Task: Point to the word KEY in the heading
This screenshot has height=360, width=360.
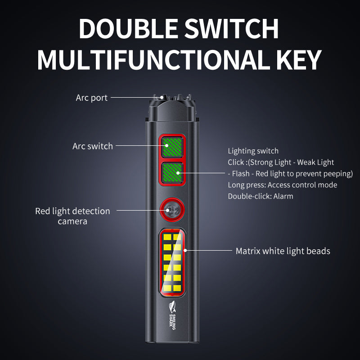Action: [x=298, y=59]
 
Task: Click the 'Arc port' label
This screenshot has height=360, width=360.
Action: [x=92, y=98]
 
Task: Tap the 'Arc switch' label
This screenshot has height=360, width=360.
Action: [x=93, y=146]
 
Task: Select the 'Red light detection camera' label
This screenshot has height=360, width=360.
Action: [x=72, y=216]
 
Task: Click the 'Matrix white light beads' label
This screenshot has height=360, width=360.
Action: [x=283, y=251]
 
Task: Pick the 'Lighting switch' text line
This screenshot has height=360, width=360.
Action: [x=253, y=151]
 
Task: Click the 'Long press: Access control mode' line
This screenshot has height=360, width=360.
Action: [x=282, y=185]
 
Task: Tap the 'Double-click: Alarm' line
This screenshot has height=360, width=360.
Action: [x=260, y=196]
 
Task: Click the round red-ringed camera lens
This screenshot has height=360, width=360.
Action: [x=171, y=209]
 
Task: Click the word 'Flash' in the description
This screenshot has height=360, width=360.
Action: [x=242, y=174]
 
